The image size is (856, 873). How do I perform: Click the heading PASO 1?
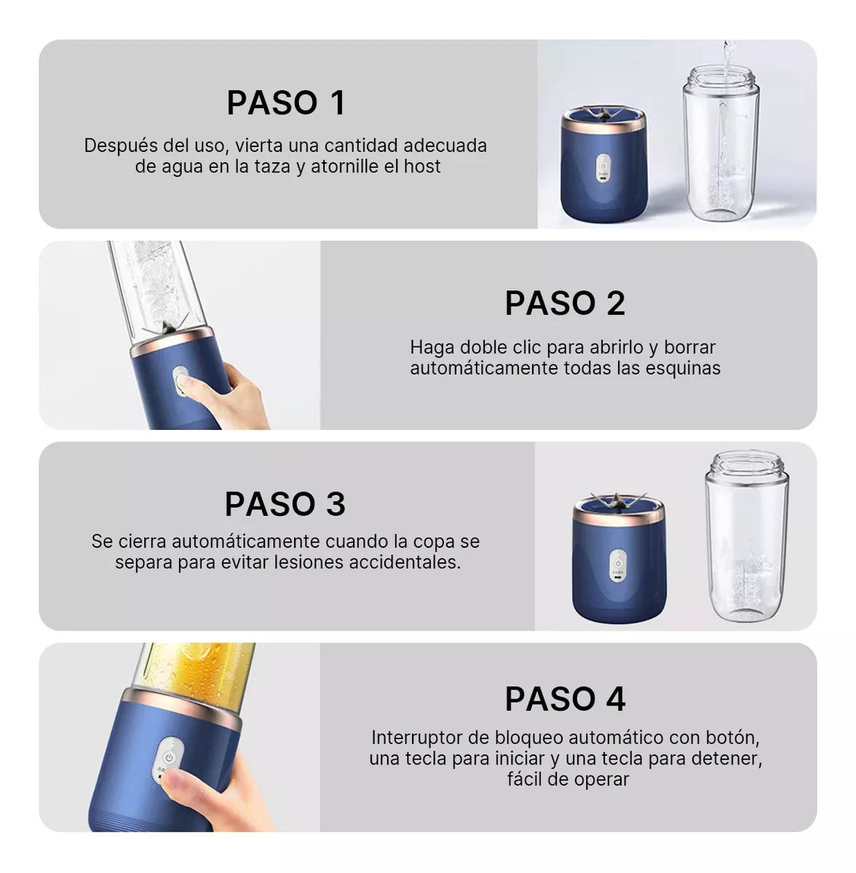[x=285, y=103]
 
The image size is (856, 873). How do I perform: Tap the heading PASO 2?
[x=565, y=303]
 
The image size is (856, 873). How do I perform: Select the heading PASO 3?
[x=285, y=503]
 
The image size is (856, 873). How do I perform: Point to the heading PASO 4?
[x=565, y=699]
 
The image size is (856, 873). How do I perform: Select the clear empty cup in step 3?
[x=747, y=536]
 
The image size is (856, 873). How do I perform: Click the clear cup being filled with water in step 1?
[x=721, y=143]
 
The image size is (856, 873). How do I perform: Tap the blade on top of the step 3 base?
[x=617, y=500]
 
